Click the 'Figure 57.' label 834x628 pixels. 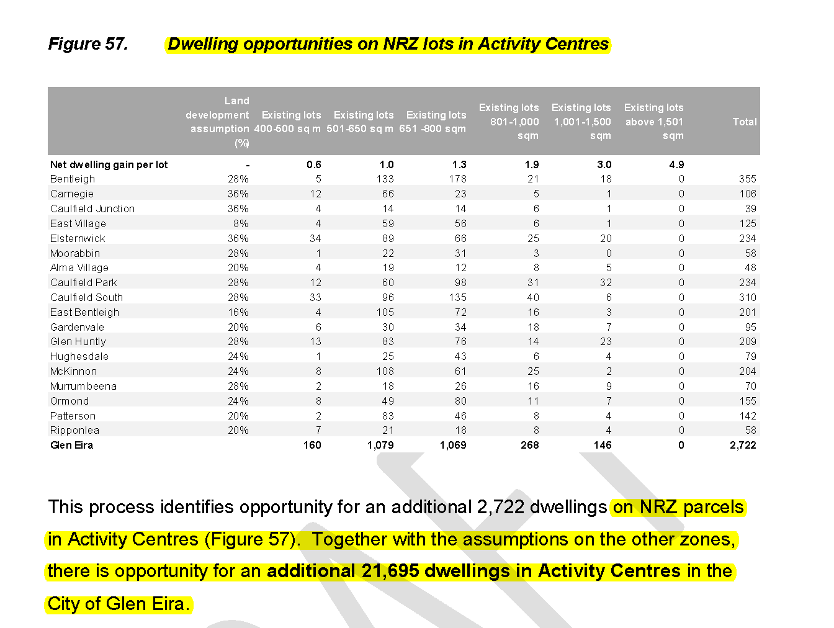coord(87,44)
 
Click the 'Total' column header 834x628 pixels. coord(744,122)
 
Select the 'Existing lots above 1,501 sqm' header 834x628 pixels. coord(653,122)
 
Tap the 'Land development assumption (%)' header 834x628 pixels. coord(218,122)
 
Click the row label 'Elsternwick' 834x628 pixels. coord(78,238)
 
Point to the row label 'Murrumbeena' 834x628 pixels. coord(83,386)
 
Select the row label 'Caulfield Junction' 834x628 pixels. coord(92,209)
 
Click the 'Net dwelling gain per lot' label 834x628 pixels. coord(109,164)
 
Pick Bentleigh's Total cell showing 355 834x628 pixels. coord(747,179)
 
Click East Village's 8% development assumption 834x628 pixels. coord(241,223)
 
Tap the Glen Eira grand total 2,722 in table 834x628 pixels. coord(743,445)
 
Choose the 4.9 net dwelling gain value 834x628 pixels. coord(676,164)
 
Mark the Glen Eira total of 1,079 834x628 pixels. coord(380,445)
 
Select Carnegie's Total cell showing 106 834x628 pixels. coord(747,194)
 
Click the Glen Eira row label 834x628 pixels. coord(71,445)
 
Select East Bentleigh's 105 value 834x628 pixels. coord(385,312)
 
